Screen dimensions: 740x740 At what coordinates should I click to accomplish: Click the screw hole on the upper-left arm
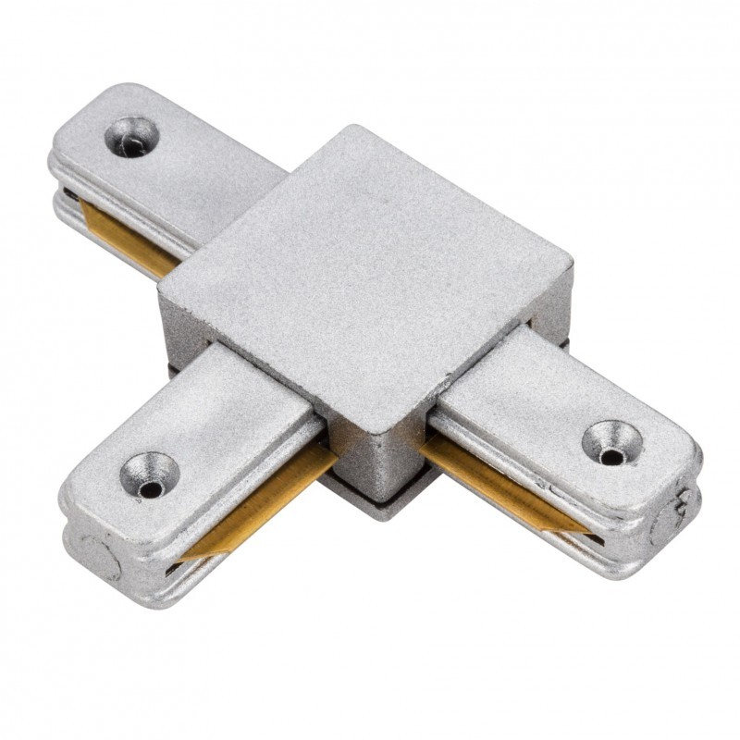(x=131, y=136)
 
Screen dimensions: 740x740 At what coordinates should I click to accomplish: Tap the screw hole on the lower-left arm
(x=149, y=474)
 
